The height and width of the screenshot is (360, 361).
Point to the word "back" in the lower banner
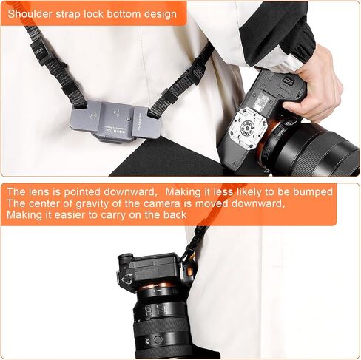pyautogui.click(x=175, y=214)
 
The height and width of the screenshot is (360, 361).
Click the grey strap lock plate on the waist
pyautogui.click(x=115, y=120)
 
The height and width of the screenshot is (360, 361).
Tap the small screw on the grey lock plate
pyautogui.click(x=128, y=120)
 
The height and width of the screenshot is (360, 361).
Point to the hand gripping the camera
pyautogui.click(x=313, y=84)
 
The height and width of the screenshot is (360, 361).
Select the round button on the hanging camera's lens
pyautogui.click(x=158, y=340)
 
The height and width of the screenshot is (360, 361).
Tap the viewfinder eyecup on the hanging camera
pyautogui.click(x=124, y=262)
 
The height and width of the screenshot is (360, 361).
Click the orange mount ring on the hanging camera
pyautogui.click(x=158, y=287)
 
